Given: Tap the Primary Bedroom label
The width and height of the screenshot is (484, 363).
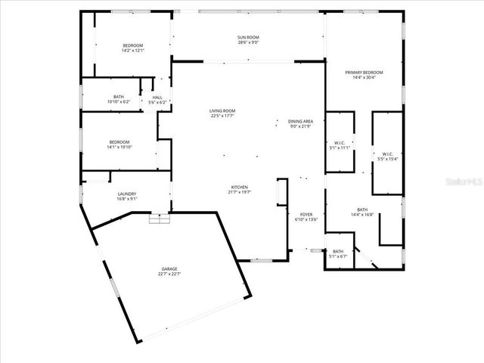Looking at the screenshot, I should tap(364, 73).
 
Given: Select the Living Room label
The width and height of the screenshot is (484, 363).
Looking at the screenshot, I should tap(222, 111).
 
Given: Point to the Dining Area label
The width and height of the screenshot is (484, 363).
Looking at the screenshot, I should tap(300, 121).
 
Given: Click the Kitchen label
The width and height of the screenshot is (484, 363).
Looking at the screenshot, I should tap(239, 187).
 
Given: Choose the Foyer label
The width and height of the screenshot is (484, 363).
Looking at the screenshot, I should tap(306, 215).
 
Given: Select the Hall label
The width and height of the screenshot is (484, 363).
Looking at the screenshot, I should tap(157, 97).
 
